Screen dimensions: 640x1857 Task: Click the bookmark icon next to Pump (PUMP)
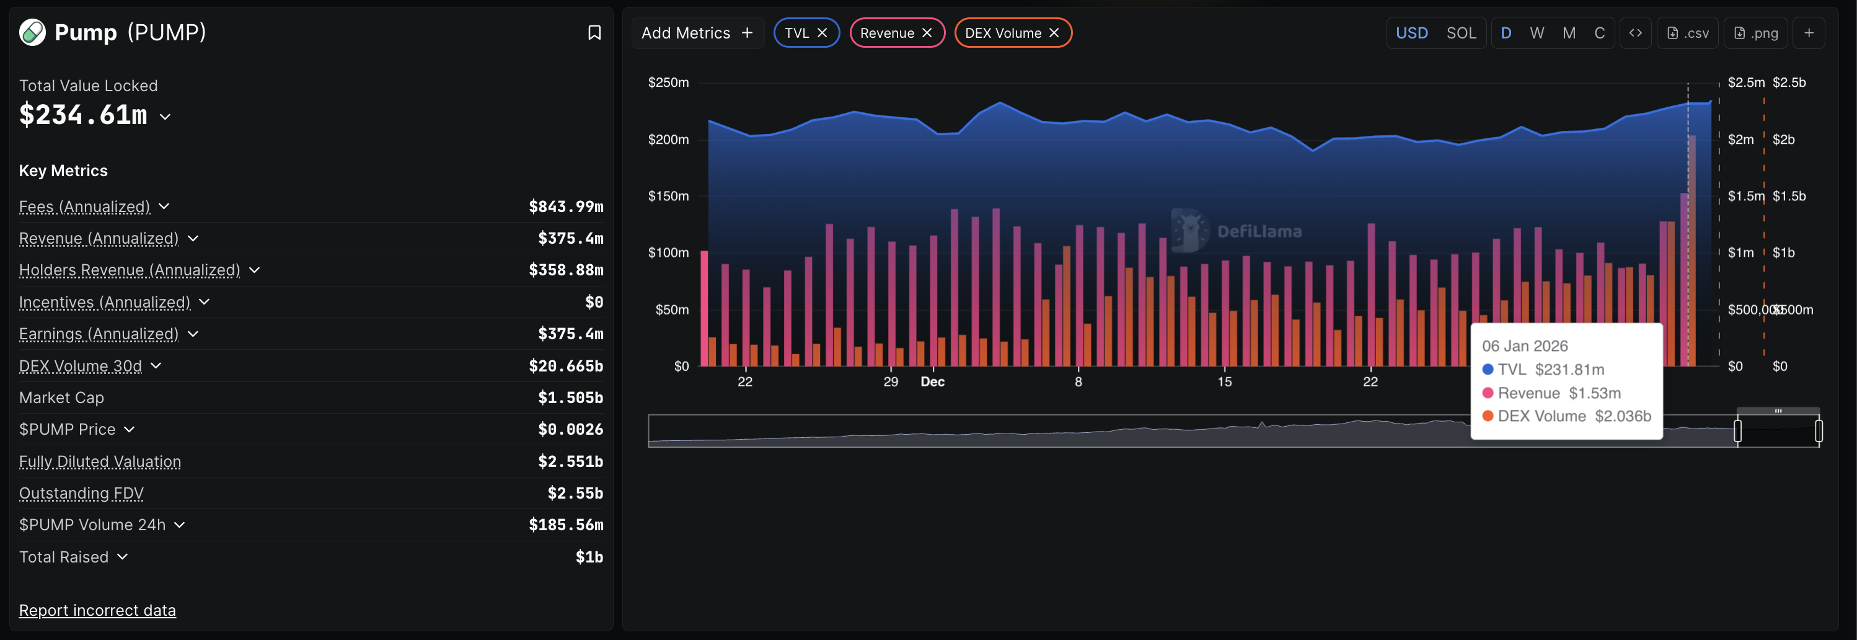(594, 32)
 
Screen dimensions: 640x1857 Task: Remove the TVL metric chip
(822, 33)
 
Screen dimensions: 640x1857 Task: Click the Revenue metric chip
(887, 33)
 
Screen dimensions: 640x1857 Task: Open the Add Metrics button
(697, 33)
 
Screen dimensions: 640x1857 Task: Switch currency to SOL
(1460, 33)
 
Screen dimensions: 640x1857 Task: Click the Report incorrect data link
(97, 610)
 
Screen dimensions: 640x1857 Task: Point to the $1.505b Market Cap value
(570, 398)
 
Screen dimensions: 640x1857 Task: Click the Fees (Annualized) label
(84, 207)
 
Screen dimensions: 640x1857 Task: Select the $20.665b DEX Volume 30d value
(565, 366)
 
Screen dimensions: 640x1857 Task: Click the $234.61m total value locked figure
(83, 115)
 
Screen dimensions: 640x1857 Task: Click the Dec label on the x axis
(932, 381)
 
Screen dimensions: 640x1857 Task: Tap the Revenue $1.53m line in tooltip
(1558, 393)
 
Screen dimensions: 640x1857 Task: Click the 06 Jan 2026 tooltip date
(1524, 346)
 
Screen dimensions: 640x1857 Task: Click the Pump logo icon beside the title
(32, 32)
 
